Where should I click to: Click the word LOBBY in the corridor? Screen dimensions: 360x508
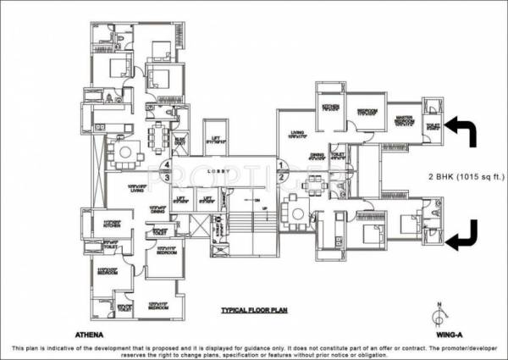point(224,171)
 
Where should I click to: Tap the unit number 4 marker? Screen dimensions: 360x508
point(168,164)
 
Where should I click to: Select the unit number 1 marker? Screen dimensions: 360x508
point(280,165)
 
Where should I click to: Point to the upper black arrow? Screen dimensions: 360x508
point(464,131)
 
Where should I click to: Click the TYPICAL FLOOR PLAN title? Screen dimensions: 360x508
point(254,311)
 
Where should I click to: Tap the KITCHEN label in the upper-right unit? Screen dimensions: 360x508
point(330,108)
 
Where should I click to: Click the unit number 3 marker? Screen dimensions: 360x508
point(168,177)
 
